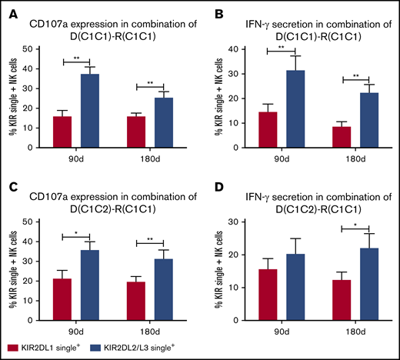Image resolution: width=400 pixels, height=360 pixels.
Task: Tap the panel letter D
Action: pos(210,188)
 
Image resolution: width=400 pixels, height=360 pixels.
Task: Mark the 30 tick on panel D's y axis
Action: pos(238,222)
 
